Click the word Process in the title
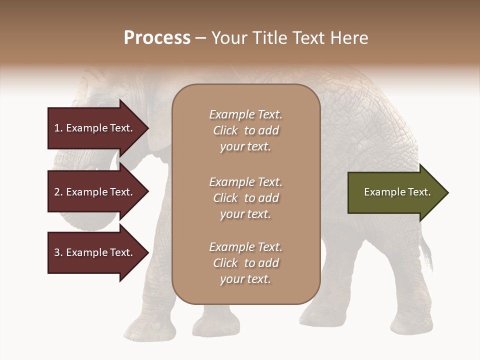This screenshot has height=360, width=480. (157, 38)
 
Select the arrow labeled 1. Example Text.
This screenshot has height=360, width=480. (95, 128)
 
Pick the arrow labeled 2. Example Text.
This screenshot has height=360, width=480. (95, 192)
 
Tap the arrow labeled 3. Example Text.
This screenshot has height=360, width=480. (95, 252)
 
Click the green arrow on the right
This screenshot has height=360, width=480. (395, 192)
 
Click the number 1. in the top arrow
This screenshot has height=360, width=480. (58, 128)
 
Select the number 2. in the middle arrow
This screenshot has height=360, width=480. (58, 192)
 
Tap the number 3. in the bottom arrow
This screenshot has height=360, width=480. (58, 252)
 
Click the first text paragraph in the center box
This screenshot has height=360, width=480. (245, 130)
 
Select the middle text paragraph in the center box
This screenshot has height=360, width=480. (245, 198)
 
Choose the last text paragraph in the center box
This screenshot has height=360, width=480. (245, 263)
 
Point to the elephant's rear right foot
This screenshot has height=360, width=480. (410, 325)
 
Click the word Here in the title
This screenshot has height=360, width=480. (350, 38)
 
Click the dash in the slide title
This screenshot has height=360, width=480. (200, 38)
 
